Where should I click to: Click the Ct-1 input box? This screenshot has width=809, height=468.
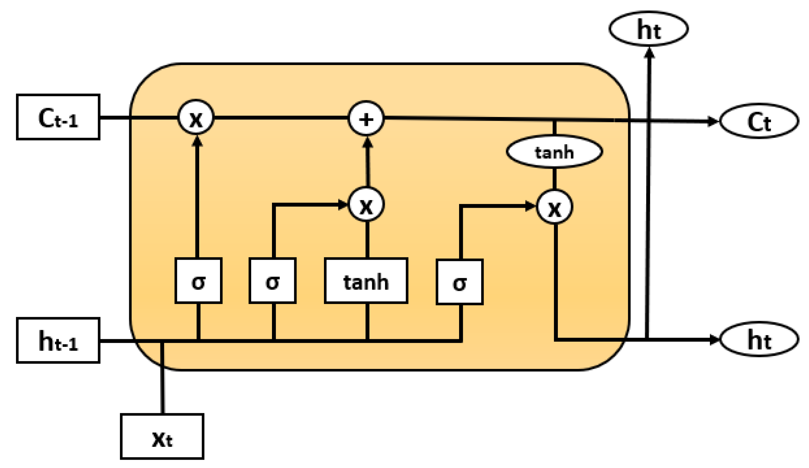pos(58,117)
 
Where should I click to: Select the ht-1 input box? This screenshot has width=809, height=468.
pos(58,340)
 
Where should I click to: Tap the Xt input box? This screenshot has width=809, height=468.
pos(162,436)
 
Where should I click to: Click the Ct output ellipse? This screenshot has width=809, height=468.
pos(759,121)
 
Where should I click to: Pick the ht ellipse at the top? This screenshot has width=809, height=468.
pos(649,29)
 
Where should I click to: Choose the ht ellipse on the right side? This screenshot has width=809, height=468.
pos(759,339)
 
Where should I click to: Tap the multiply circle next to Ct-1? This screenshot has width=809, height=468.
pos(196,117)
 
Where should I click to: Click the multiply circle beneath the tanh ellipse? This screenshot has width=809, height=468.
pos(554,207)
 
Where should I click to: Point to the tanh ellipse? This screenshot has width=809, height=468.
pos(554,152)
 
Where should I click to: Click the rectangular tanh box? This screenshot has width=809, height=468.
pos(366,281)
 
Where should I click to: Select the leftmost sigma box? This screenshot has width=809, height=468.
pos(199,281)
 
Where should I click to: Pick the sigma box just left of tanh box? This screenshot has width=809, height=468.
pos(273,281)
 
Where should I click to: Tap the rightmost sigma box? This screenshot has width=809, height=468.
pos(460,282)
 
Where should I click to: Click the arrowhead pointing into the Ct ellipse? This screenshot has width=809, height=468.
pos(713,121)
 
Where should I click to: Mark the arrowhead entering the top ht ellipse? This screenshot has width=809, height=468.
pos(649,53)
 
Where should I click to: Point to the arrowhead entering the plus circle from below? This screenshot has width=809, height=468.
pos(368,142)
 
